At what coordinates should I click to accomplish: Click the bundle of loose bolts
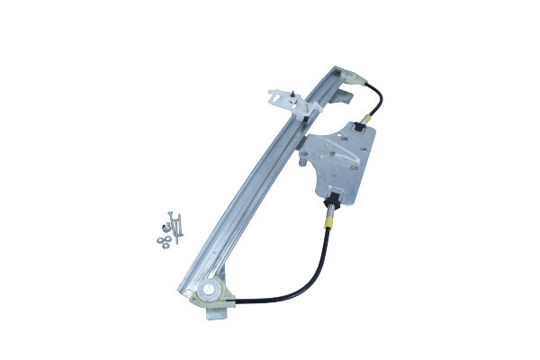click(x=174, y=225)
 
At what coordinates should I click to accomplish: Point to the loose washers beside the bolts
click(x=160, y=237)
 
